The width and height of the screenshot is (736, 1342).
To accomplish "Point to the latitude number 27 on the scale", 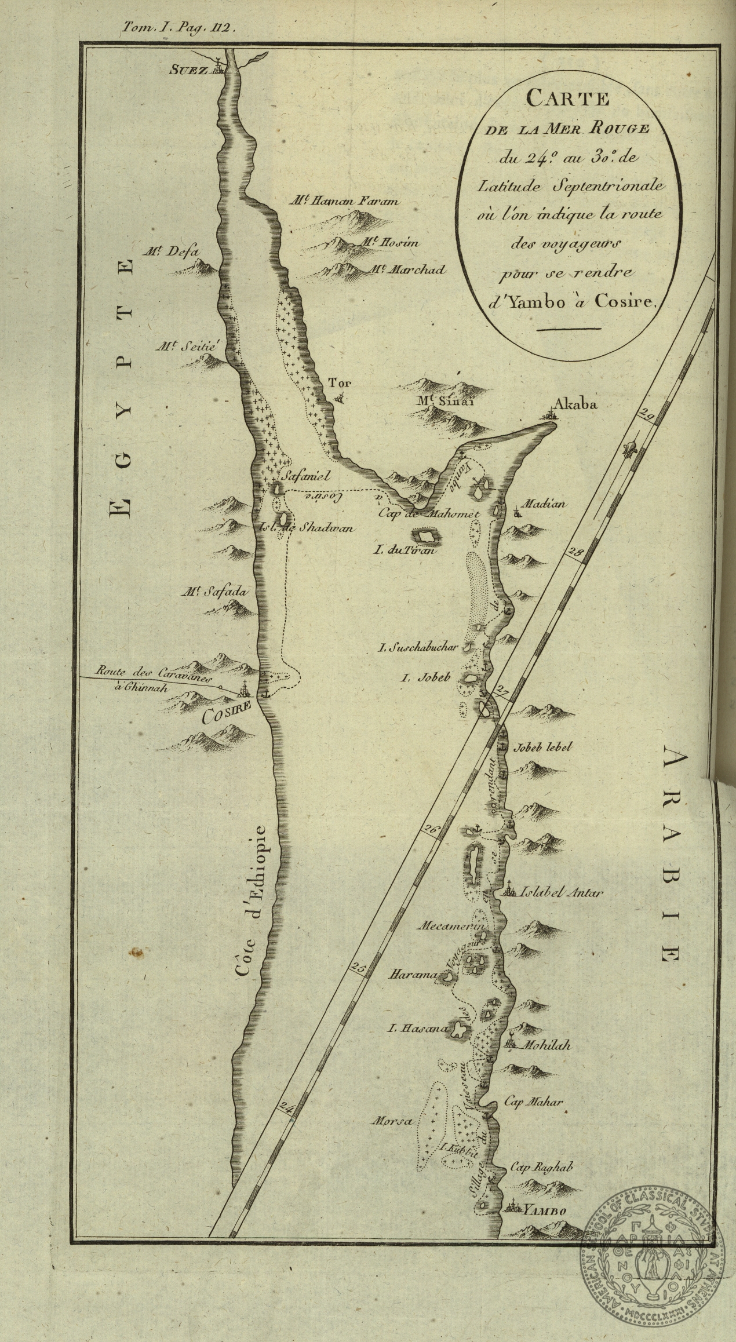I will pos(502,691).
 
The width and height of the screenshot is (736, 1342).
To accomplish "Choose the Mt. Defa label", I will pos(172,252).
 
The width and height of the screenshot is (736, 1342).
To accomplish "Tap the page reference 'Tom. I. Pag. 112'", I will pos(177,27).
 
